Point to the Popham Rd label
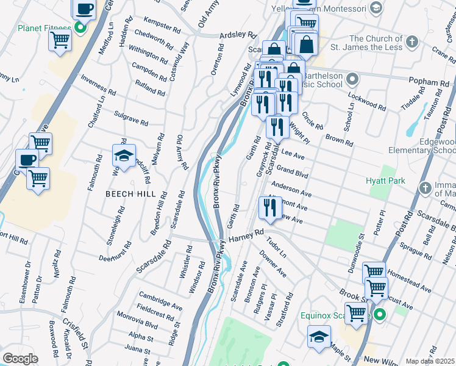click(429, 82)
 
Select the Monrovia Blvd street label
click(138, 325)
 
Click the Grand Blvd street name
click(292, 171)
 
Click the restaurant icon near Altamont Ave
click(269, 208)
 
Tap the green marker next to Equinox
click(379, 315)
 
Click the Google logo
click(20, 359)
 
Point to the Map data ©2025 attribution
click(430, 361)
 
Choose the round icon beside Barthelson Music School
click(352, 79)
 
